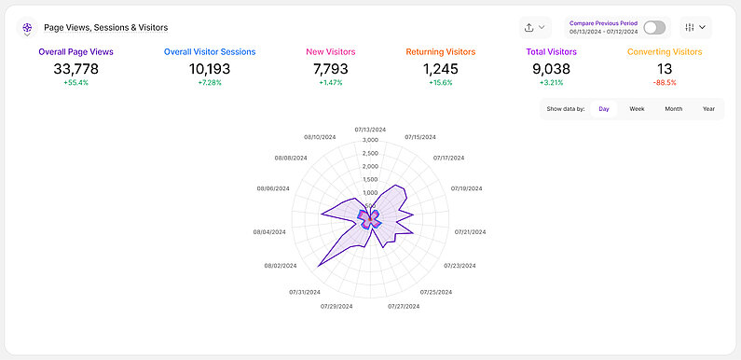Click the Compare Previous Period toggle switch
tap(655, 27)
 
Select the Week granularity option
tap(637, 109)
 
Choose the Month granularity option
tap(673, 109)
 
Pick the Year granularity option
tap(708, 109)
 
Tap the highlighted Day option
tap(604, 109)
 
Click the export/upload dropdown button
tap(536, 27)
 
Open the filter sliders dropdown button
tap(695, 27)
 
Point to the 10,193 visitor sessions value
tap(210, 69)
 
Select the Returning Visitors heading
tap(441, 52)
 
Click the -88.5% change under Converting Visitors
tap(665, 84)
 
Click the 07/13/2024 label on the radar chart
tap(371, 130)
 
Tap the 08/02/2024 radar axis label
tap(281, 267)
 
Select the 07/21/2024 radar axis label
tap(472, 232)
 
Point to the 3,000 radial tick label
tap(370, 140)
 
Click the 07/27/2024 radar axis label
tap(405, 306)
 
